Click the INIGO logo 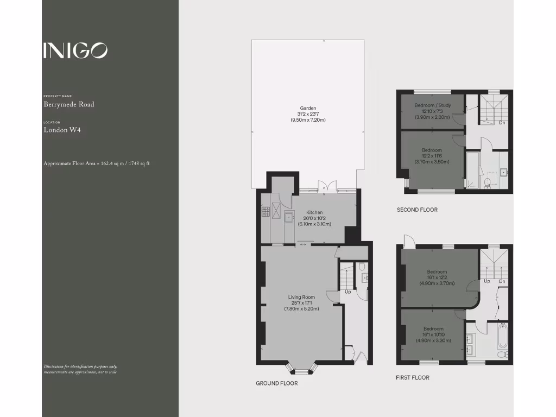(x=75, y=50)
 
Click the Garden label (x=308, y=108)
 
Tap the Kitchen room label (x=314, y=212)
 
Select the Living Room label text (x=301, y=297)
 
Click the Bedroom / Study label (x=432, y=105)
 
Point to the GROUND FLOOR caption (x=276, y=383)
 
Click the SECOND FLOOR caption (x=417, y=210)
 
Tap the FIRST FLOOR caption (x=412, y=378)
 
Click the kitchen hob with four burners (x=266, y=211)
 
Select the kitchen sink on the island (x=289, y=218)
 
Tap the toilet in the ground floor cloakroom (x=363, y=267)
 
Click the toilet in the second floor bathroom (x=487, y=183)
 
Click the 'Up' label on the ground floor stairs (x=347, y=292)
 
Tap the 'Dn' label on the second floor (x=502, y=123)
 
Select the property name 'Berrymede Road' (x=68, y=104)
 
